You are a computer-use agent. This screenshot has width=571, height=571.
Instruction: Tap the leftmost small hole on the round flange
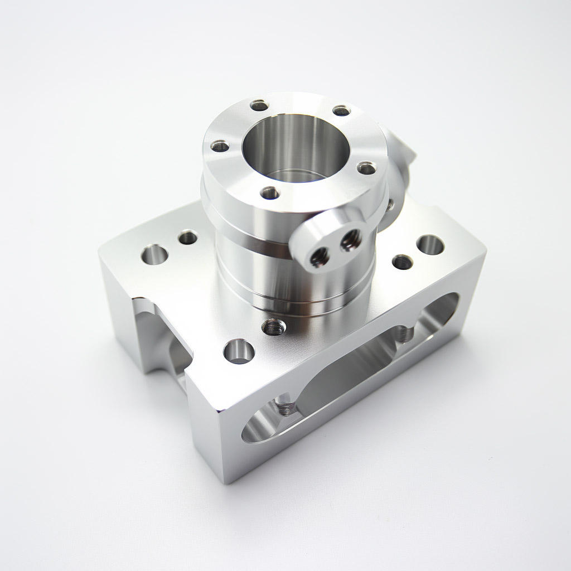(220, 147)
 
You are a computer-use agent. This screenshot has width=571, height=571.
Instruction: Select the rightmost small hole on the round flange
(366, 168)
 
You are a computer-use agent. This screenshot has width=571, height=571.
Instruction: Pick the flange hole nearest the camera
(270, 193)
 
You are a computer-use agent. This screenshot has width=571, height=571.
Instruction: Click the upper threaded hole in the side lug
(350, 240)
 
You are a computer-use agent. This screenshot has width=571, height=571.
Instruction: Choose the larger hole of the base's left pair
(154, 255)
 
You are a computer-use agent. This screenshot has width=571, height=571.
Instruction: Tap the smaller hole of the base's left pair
(187, 238)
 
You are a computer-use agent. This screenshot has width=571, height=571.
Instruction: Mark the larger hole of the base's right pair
(430, 244)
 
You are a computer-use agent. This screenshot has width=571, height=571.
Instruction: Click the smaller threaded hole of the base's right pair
(402, 262)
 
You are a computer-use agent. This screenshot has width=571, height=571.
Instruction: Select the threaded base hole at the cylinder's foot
(273, 326)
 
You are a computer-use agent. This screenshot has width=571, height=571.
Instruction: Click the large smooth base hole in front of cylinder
(239, 351)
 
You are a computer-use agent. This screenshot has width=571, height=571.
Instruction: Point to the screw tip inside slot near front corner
(285, 408)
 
